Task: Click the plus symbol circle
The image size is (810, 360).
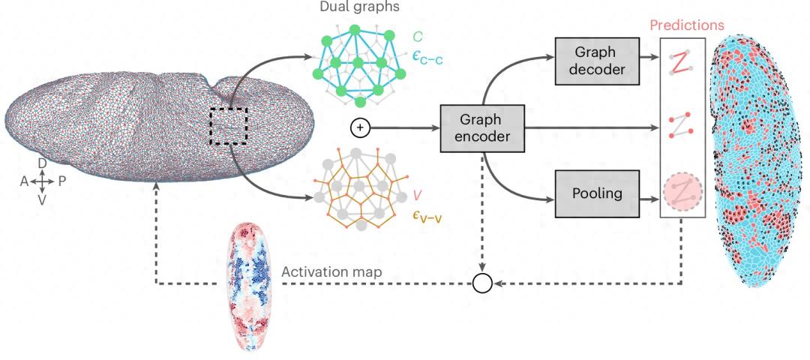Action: [x=359, y=128]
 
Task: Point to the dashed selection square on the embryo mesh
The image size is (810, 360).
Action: [x=228, y=125]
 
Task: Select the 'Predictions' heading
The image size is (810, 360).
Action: [x=686, y=25]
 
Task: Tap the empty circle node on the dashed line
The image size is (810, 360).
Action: [x=481, y=283]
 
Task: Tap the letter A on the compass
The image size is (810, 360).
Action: [x=24, y=181]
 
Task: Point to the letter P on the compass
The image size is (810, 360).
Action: [x=61, y=181]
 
